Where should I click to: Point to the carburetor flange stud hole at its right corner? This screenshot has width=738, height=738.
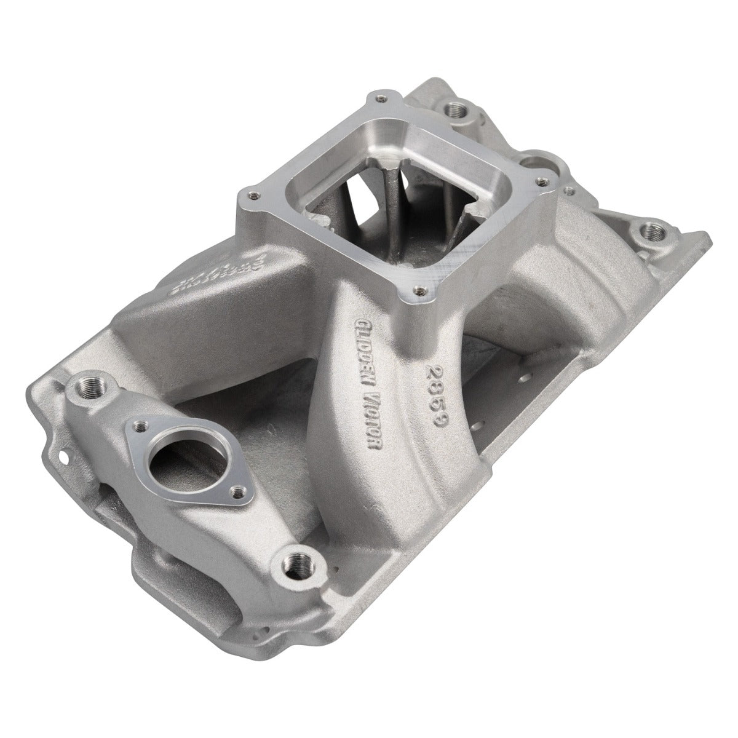tap(541, 181)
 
